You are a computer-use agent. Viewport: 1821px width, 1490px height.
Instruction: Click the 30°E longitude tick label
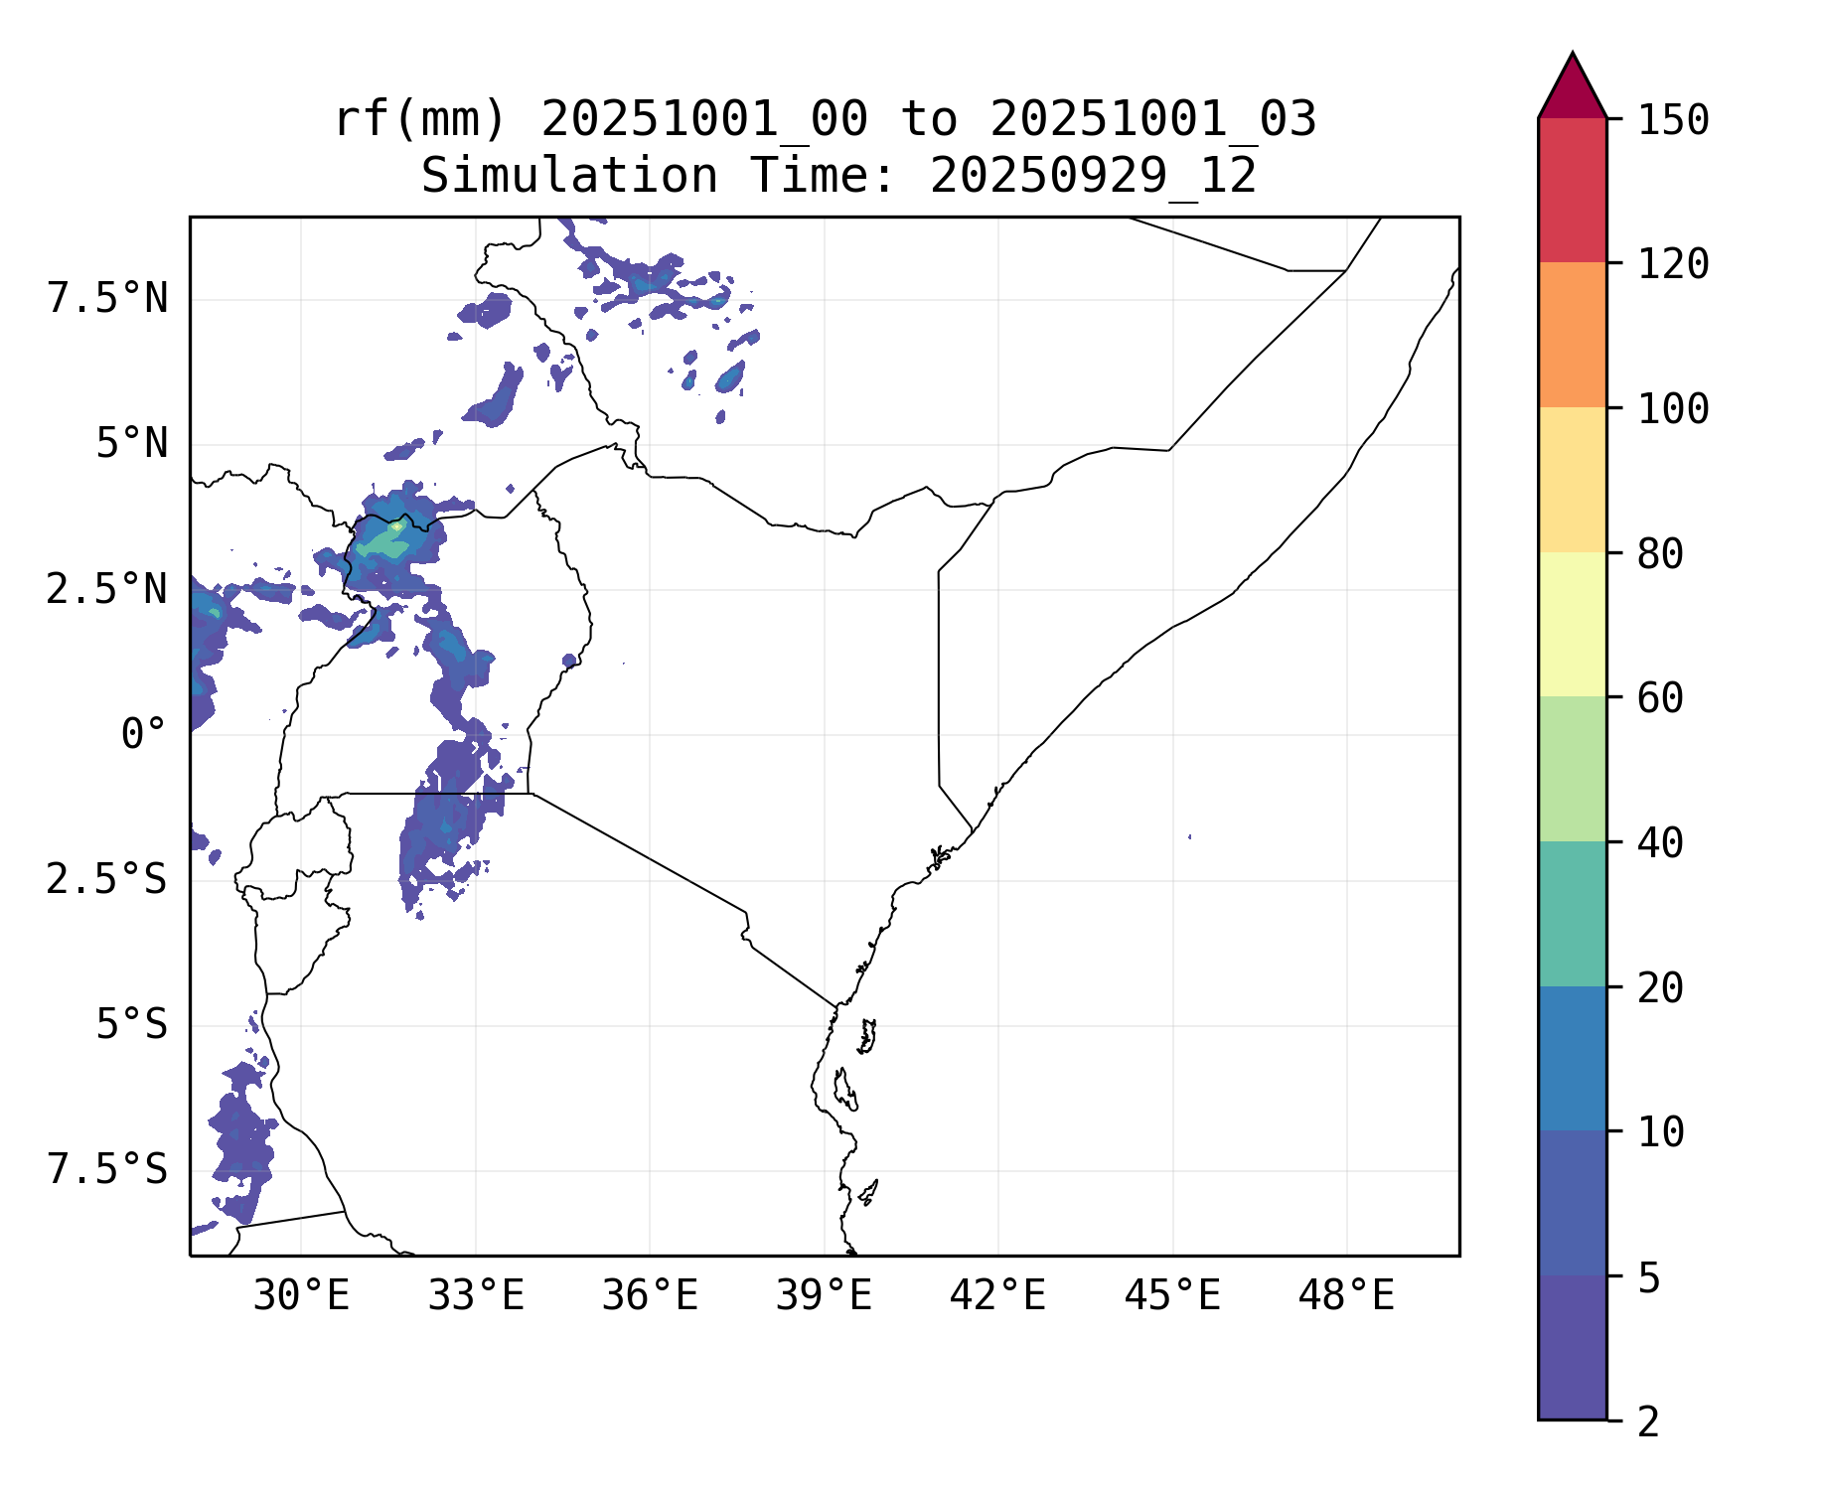coord(301,1296)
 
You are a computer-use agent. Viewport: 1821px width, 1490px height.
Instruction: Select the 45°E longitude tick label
coord(1172,1296)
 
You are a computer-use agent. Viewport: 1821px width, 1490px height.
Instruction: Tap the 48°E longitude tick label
coord(1346,1296)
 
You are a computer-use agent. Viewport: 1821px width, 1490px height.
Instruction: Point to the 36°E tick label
coord(650,1296)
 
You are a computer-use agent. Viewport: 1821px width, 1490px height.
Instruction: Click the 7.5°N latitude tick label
coord(107,298)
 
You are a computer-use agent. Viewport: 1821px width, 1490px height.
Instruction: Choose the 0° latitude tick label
coord(143,735)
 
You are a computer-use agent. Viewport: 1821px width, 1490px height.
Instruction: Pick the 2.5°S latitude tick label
coord(107,880)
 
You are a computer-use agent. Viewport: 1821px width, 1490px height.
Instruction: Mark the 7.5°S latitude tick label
coord(107,1170)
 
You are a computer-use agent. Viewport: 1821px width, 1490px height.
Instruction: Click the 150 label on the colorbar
coord(1673,120)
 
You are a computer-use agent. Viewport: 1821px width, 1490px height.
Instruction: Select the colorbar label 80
coord(1660,554)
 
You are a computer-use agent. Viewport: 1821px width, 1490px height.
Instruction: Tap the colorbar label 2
coord(1648,1422)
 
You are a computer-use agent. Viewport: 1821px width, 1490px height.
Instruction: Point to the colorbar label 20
coord(1660,988)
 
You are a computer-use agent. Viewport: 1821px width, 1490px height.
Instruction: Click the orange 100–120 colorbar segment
coord(1572,335)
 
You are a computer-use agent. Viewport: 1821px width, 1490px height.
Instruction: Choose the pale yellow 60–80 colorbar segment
coord(1572,624)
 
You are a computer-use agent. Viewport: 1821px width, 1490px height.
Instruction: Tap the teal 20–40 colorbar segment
coord(1572,914)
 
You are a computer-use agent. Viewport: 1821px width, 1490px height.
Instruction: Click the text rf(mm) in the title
coord(420,119)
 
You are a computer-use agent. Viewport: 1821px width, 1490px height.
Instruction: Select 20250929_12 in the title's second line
coord(1093,176)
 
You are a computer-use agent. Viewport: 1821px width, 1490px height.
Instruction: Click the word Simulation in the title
coord(569,176)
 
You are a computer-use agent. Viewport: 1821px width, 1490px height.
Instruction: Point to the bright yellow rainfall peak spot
coord(395,526)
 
